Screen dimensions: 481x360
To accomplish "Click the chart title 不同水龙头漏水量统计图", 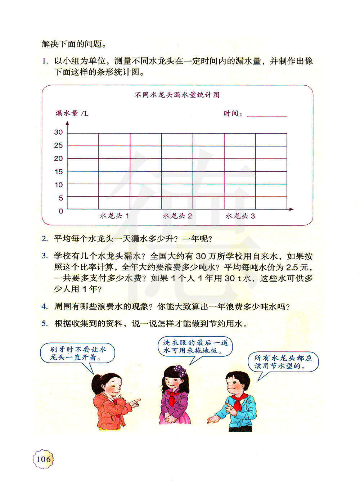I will (x=177, y=95).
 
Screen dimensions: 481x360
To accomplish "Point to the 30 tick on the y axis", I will (x=58, y=132).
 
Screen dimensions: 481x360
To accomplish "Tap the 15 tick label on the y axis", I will (x=58, y=172).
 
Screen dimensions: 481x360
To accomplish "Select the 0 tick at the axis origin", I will (x=61, y=211).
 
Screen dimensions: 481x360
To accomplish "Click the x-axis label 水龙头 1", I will (x=114, y=216).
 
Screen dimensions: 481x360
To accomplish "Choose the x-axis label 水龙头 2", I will (x=177, y=216).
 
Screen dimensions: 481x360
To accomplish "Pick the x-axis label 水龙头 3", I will (x=240, y=216).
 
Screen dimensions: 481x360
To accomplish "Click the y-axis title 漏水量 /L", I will (x=72, y=114).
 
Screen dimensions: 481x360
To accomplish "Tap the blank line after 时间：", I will (x=267, y=114).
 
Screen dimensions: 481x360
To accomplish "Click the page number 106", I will (x=43, y=459).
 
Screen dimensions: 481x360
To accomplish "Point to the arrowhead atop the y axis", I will (x=67, y=124).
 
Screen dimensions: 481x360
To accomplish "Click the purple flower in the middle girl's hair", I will (x=179, y=370).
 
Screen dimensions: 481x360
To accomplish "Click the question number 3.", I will (x=45, y=256).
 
